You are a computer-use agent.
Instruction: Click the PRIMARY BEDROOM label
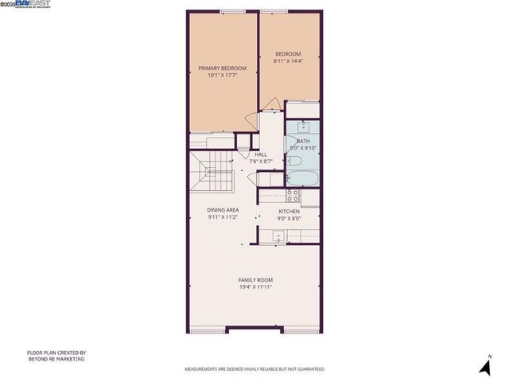pos(222,68)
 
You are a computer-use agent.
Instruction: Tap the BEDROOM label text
pos(287,53)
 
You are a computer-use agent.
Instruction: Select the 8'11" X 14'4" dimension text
pos(287,60)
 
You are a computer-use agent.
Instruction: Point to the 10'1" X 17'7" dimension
pos(222,76)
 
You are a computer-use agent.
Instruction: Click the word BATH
pos(303,141)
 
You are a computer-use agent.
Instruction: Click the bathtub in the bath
pos(302,177)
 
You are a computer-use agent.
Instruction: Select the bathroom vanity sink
pos(302,127)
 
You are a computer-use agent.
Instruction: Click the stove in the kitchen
pos(292,193)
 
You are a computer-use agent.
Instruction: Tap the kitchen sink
pos(278,235)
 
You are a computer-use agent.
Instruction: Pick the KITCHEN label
pos(289,211)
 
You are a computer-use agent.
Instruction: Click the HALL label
pos(261,154)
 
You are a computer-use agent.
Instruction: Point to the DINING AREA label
pos(223,210)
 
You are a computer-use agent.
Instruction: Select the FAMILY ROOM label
pos(256,279)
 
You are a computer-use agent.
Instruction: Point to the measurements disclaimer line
pos(254,369)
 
